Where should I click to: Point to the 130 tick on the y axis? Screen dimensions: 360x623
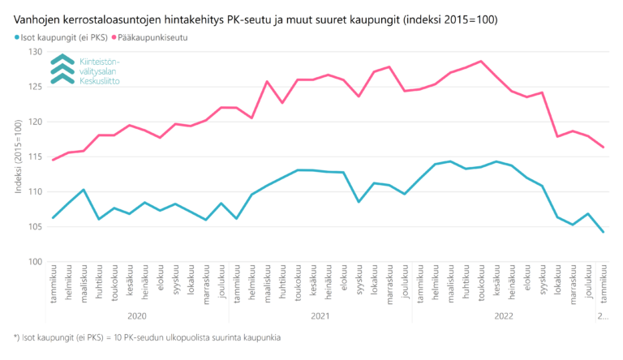tap(35, 52)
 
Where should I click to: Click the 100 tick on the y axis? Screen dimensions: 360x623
tap(35, 262)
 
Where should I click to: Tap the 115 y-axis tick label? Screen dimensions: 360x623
tap(35, 156)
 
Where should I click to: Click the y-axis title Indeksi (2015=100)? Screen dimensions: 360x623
tap(17, 156)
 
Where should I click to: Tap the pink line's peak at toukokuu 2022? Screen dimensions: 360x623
tap(481, 61)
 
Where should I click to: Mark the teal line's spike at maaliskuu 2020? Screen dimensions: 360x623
tap(84, 190)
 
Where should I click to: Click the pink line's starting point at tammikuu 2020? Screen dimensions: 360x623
tap(53, 160)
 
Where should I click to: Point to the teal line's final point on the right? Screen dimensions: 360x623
tap(603, 233)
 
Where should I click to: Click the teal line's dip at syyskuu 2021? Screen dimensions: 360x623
tap(359, 201)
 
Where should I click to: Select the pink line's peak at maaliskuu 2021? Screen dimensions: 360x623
tap(267, 81)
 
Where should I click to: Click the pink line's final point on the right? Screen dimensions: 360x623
tap(603, 147)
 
